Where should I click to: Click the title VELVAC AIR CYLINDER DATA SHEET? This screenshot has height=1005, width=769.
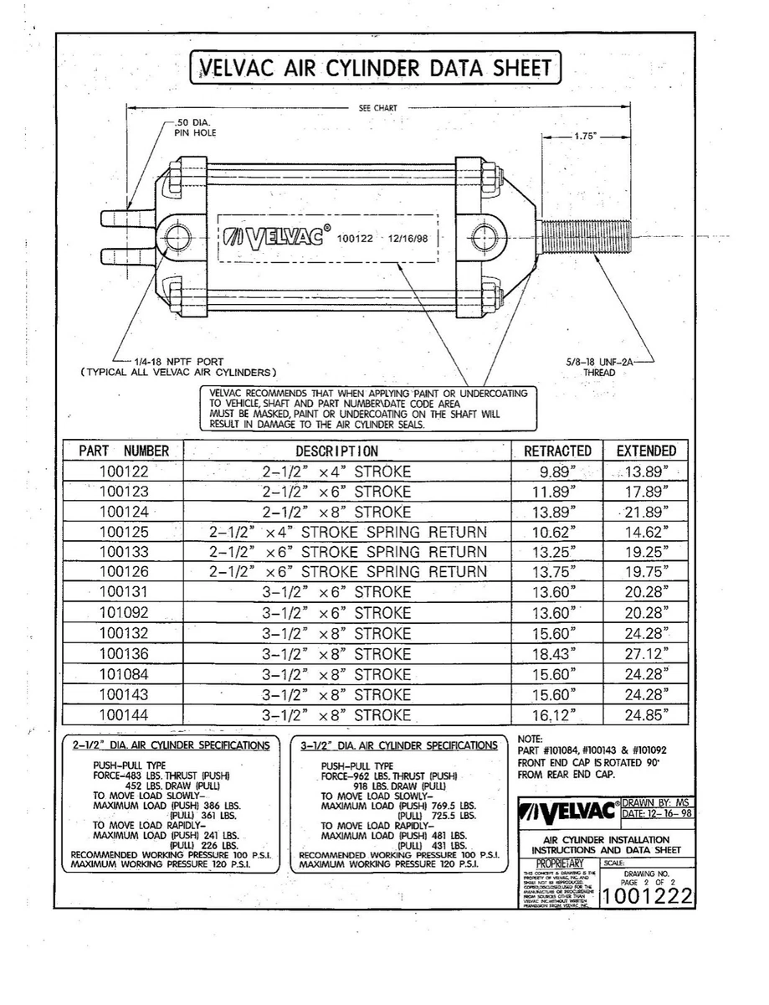pos(374,69)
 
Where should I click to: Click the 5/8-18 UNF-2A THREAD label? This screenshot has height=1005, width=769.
pos(599,368)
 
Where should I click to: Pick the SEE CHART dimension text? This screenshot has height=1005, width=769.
pos(377,108)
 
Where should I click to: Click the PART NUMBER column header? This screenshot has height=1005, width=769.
pos(124,451)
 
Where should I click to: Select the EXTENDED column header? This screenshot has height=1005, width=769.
pos(645,451)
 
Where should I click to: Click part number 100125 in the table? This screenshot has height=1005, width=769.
pos(124,532)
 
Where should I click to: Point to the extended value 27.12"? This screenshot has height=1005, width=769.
pos(645,654)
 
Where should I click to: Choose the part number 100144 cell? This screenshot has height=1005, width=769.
pos(124,715)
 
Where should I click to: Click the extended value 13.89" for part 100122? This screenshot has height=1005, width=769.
pos(645,472)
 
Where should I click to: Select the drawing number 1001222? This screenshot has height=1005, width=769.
pos(647,896)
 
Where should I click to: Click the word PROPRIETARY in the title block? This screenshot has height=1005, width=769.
pos(562,863)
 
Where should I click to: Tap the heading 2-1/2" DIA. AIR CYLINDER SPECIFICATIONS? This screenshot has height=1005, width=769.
pos(172,745)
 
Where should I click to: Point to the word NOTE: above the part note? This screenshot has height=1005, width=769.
pos(531,740)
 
